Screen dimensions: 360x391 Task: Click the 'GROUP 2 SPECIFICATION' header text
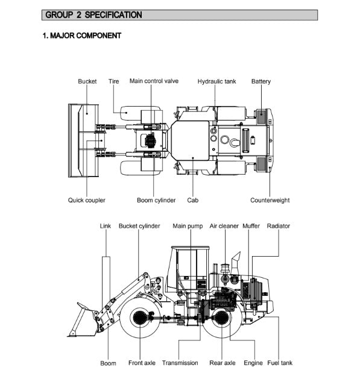tap(93, 15)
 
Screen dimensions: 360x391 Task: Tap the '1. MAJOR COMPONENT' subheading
tap(82, 36)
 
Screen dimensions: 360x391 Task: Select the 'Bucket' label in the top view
tap(87, 81)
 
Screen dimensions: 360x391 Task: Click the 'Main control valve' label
tap(154, 81)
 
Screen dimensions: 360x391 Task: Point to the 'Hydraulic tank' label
tap(216, 81)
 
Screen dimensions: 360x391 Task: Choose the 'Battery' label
tap(261, 81)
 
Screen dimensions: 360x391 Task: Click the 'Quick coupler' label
tap(87, 200)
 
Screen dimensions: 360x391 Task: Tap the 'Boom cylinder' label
tap(156, 200)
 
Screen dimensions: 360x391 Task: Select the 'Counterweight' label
tap(270, 200)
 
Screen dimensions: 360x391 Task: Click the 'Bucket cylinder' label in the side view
tap(139, 226)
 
